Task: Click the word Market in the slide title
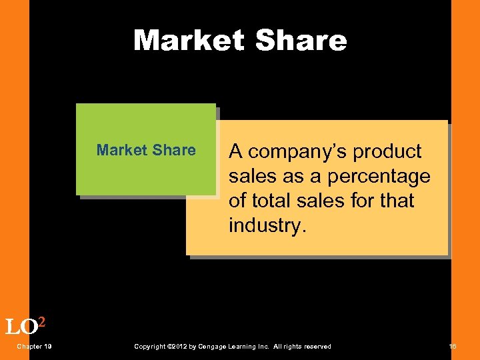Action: [x=189, y=41]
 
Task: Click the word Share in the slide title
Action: [x=301, y=41]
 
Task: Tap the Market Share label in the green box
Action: [x=146, y=150]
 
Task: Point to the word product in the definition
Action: [x=387, y=152]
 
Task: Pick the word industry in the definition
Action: [x=265, y=225]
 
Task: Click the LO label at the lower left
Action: [x=21, y=327]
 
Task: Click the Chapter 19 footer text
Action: [x=35, y=347]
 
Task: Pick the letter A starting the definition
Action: [x=235, y=152]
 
